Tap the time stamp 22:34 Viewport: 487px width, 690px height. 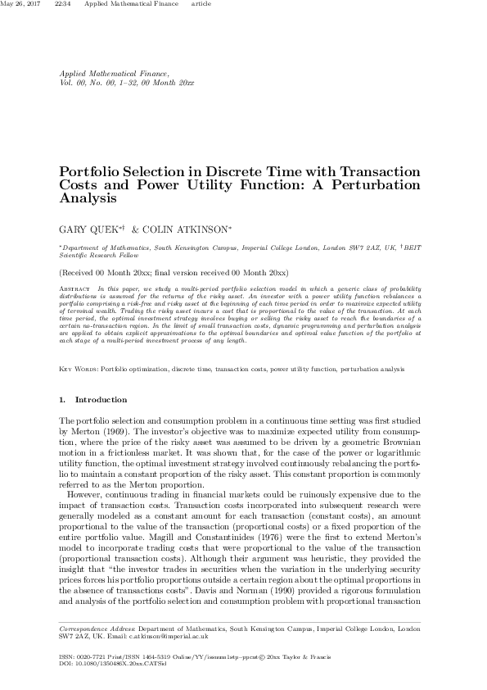61,4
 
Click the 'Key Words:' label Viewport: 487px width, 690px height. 79,370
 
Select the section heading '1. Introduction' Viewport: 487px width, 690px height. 92,400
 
